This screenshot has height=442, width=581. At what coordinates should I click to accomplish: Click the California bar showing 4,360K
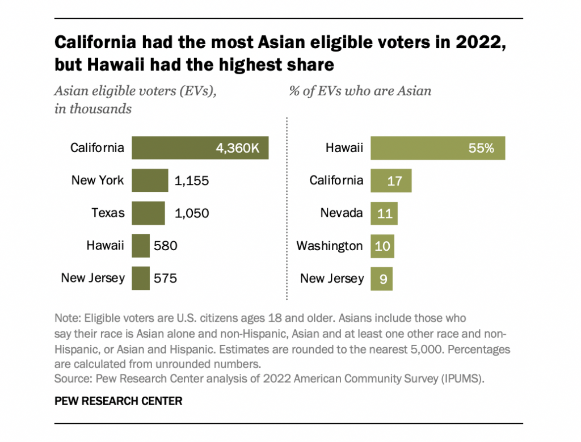click(x=200, y=148)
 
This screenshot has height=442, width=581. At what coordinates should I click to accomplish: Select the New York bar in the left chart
click(x=150, y=180)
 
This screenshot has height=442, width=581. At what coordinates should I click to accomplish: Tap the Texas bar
click(x=148, y=213)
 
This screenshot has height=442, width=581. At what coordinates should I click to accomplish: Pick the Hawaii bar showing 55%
click(x=437, y=148)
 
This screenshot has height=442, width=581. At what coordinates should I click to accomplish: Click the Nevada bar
click(x=384, y=213)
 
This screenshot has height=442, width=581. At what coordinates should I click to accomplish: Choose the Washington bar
click(x=382, y=246)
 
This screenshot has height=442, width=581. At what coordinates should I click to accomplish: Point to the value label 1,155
click(x=192, y=181)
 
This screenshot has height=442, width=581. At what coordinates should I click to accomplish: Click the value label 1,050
click(x=192, y=213)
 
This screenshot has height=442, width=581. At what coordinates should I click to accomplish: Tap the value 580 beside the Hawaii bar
click(x=166, y=246)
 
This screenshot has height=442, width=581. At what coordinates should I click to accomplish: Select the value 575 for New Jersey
click(x=166, y=279)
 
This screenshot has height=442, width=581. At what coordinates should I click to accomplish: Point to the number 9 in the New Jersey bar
click(x=383, y=279)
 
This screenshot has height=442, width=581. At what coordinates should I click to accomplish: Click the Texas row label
click(x=108, y=213)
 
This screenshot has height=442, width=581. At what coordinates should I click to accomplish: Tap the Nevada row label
click(x=342, y=213)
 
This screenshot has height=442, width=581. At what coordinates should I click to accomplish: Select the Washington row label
click(x=330, y=246)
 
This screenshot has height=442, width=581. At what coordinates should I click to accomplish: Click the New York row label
click(x=97, y=180)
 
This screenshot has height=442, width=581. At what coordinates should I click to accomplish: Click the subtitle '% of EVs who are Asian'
click(x=360, y=91)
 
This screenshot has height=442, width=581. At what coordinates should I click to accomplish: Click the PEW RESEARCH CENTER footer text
click(x=118, y=401)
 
